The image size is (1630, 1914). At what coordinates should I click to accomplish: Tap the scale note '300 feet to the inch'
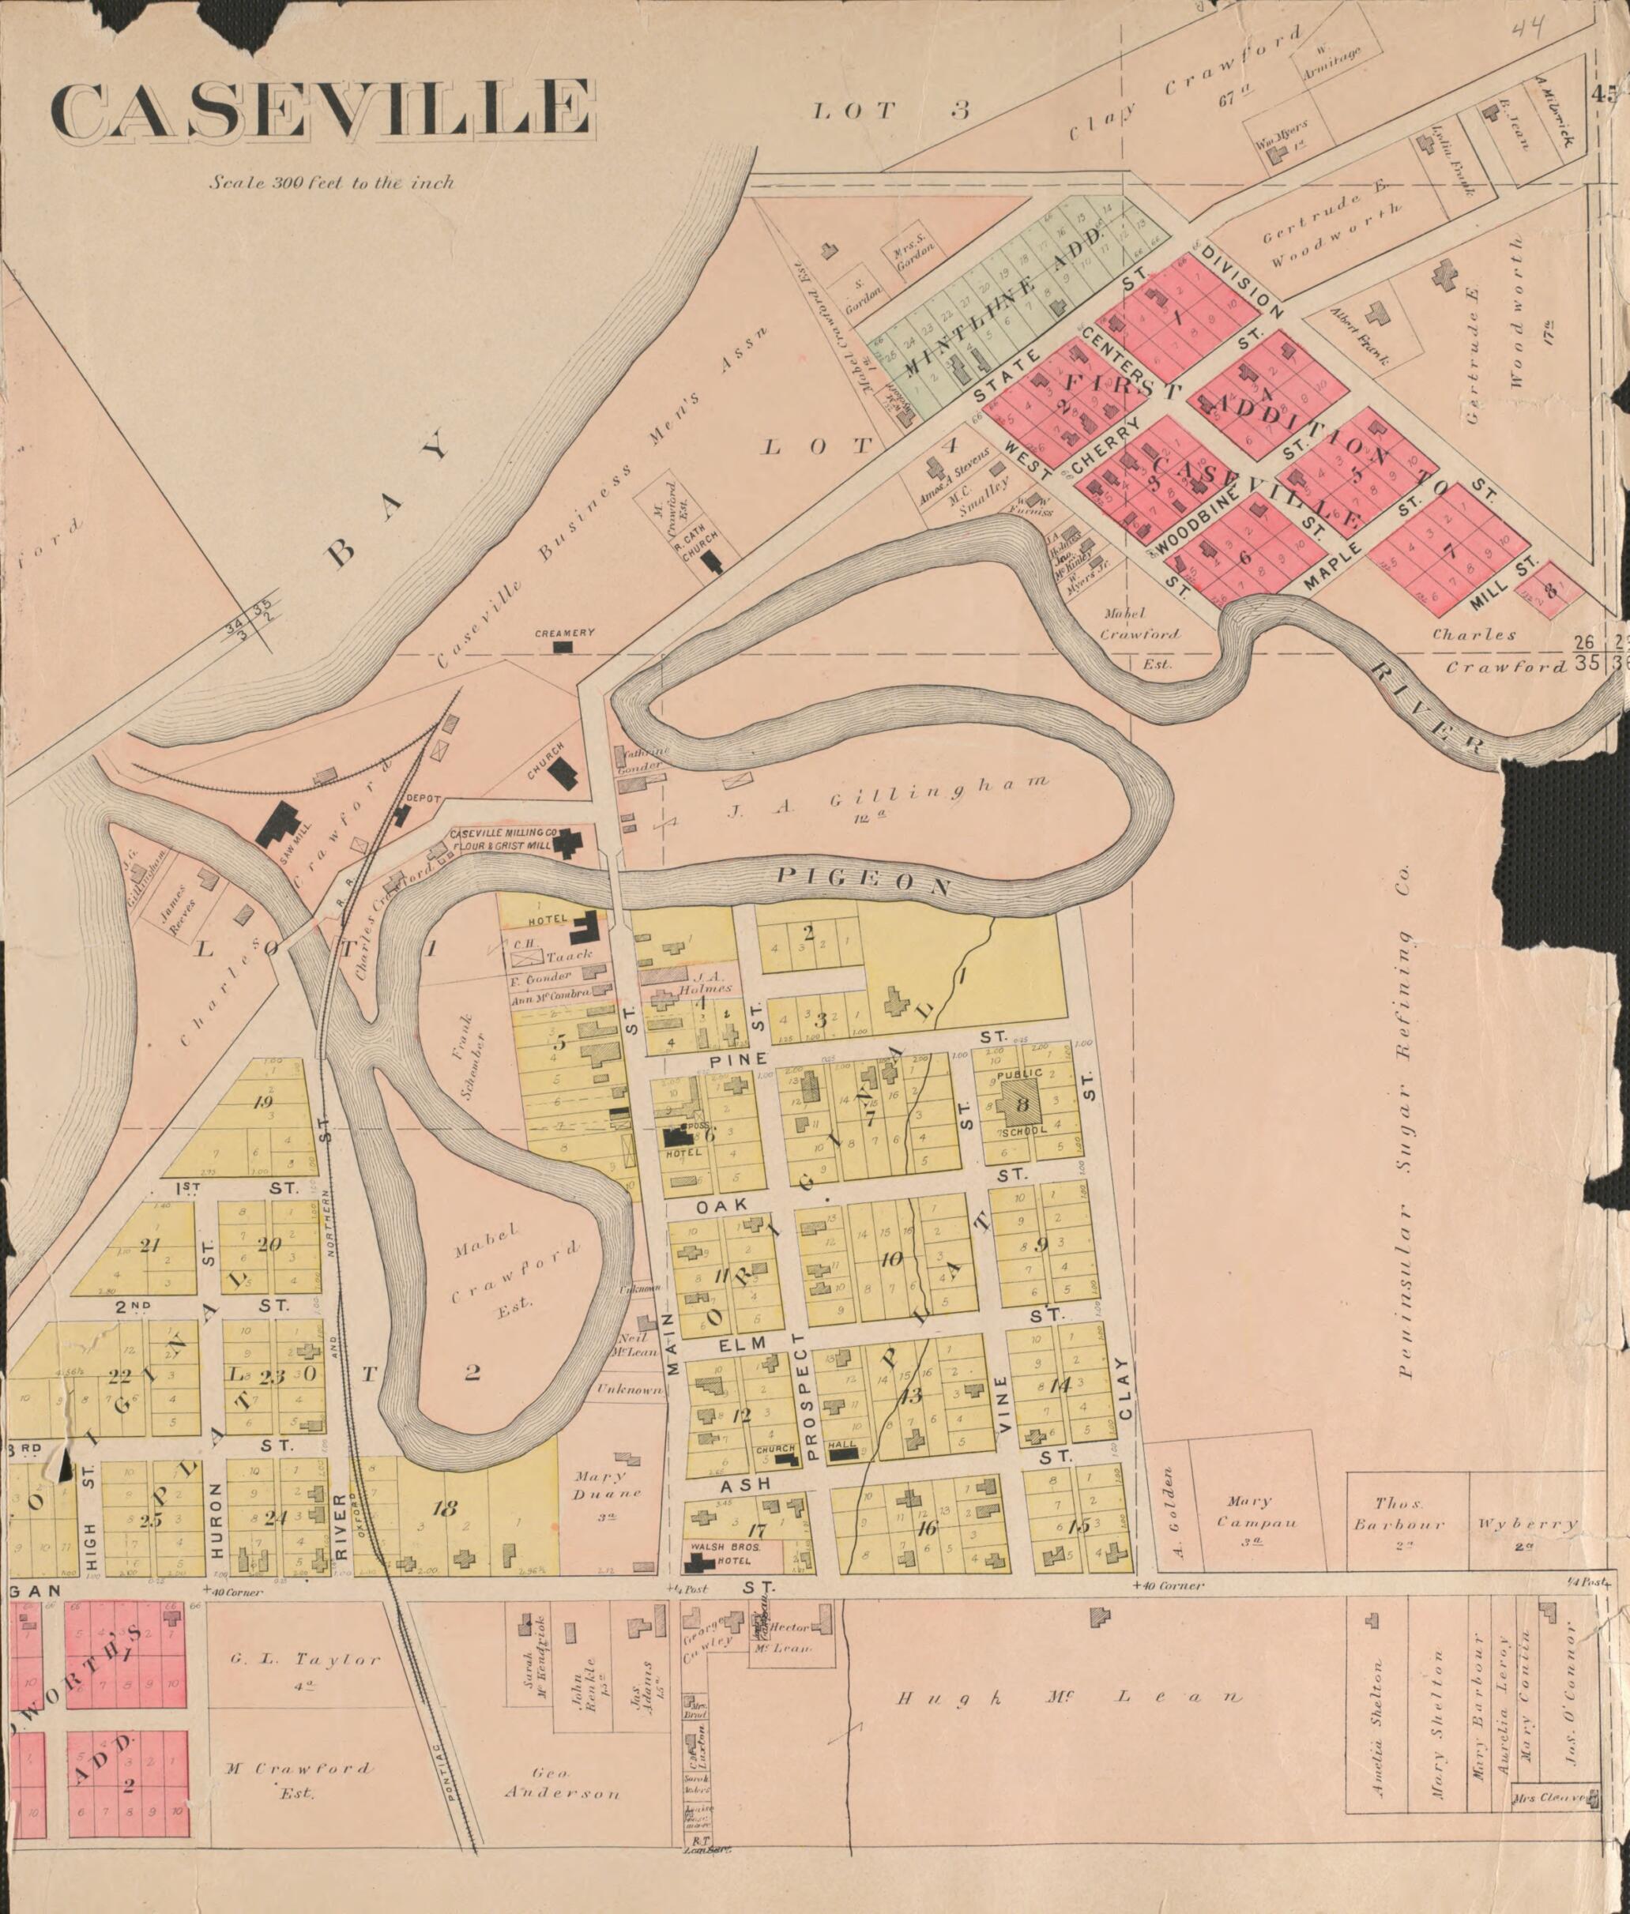[x=332, y=182]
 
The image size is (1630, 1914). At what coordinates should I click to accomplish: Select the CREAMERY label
[x=563, y=633]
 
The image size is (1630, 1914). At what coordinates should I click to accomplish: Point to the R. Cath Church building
[x=713, y=562]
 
